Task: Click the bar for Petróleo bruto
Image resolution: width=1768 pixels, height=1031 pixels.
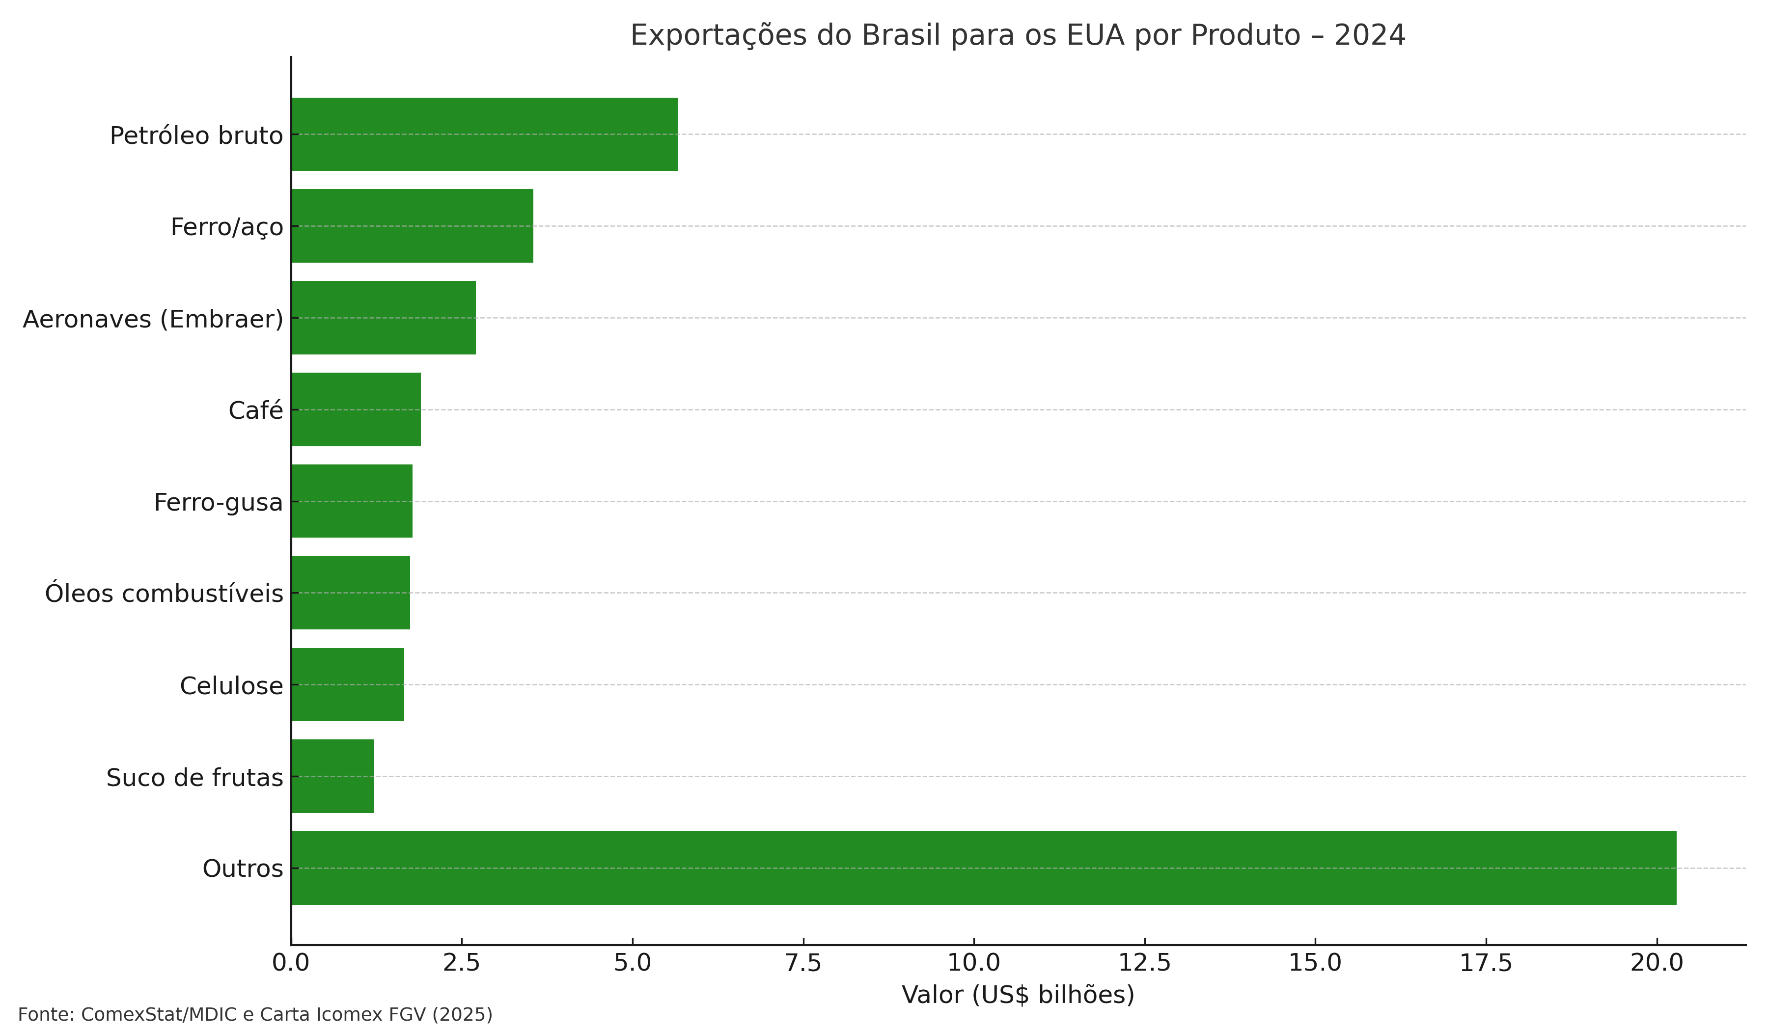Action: [x=484, y=134]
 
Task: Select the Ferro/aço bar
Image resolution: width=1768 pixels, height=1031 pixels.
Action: [x=412, y=226]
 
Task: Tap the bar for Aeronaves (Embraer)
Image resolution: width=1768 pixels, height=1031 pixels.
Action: [x=383, y=318]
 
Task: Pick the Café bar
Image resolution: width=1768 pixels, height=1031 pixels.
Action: [x=356, y=409]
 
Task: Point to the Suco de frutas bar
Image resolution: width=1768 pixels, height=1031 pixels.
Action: [x=332, y=776]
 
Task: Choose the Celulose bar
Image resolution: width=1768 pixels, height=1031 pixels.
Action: [x=347, y=684]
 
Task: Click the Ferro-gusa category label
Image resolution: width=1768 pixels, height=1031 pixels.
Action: [x=218, y=502]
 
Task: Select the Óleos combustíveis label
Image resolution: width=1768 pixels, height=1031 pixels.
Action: [x=164, y=594]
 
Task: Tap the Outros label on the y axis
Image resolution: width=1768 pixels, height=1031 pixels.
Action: [x=243, y=869]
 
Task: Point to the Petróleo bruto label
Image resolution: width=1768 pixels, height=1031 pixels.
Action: [x=196, y=136]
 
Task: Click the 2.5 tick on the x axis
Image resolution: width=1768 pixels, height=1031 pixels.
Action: [x=462, y=963]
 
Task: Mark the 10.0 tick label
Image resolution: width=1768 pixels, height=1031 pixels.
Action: [x=974, y=963]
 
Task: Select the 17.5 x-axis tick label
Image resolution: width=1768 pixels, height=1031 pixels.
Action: [x=1486, y=963]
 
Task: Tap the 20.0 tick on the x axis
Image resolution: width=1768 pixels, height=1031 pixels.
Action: [x=1657, y=963]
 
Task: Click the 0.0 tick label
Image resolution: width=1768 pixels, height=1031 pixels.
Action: [x=290, y=963]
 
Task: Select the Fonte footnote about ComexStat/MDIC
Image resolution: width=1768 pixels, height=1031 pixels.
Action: [x=255, y=1015]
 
